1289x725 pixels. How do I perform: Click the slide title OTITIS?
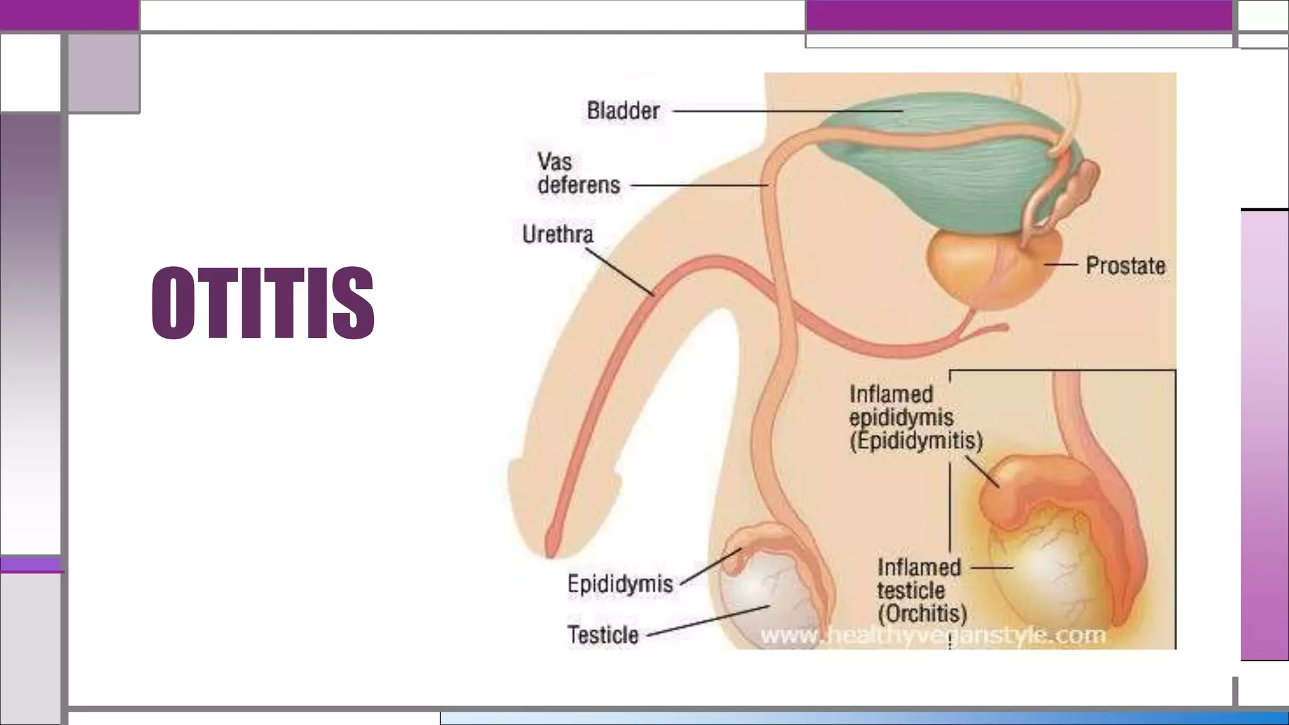coord(262,303)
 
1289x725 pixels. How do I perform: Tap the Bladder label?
coord(623,111)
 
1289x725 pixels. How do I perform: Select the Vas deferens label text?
coord(578,174)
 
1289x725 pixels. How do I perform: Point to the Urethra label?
coord(558,235)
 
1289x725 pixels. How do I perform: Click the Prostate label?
coord(1125,266)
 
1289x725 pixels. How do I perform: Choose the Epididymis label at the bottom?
coord(620,584)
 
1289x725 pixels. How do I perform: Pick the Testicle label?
coord(603,635)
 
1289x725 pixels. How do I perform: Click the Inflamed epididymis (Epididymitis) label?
coord(915,418)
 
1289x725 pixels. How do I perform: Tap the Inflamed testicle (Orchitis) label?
coord(921,590)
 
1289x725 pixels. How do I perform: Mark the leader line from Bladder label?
coord(787,111)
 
